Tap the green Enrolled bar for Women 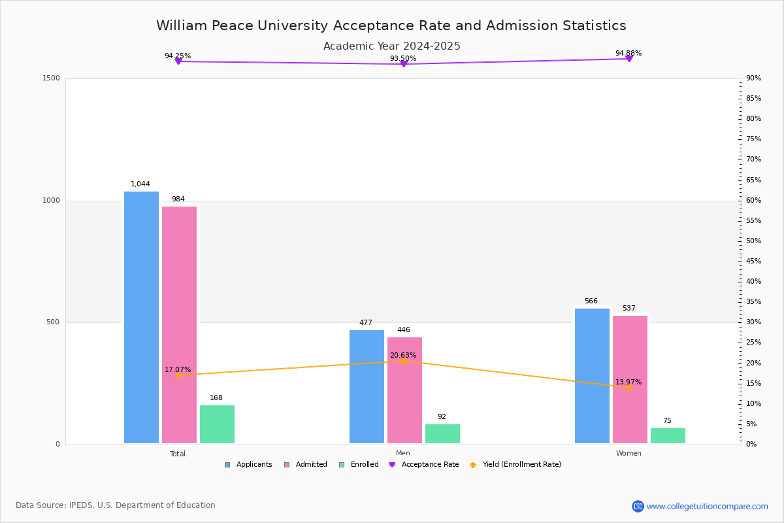point(668,436)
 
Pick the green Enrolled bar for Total point(217,424)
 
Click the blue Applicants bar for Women point(592,376)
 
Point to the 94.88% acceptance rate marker point(629,59)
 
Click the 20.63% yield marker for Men point(403,361)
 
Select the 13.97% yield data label point(628,382)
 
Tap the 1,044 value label point(140,184)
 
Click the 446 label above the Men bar point(404,330)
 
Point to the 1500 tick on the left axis point(52,78)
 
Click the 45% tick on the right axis point(753,261)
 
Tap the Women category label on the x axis point(629,454)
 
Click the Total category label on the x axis point(178,454)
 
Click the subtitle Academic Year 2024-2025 point(392,46)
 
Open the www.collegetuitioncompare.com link point(707,506)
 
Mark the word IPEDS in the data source point(83,505)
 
